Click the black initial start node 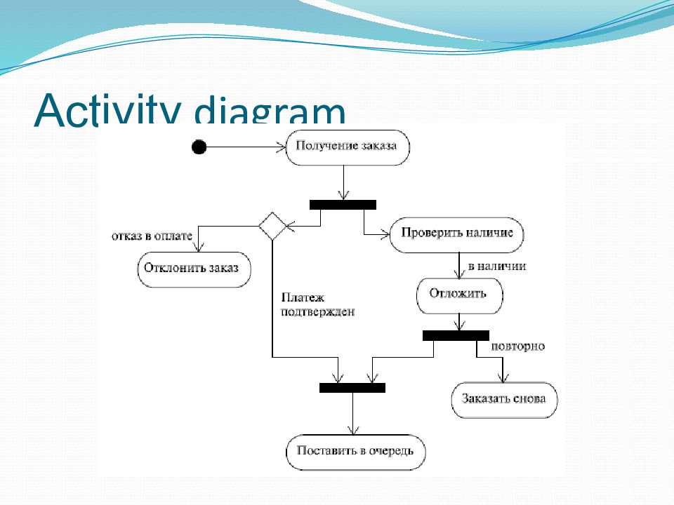point(199,147)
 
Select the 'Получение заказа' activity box point(348,148)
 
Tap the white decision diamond point(272,226)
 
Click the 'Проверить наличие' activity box point(456,235)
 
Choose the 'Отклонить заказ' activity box point(194,269)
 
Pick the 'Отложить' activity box point(459,296)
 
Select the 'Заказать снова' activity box point(504,400)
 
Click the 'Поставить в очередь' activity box point(355,452)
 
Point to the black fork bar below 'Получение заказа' point(343,205)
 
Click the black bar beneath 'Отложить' point(456,335)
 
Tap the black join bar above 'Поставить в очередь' point(352,388)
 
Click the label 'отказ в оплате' point(152,236)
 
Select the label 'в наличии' point(497,267)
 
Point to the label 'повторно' point(517,346)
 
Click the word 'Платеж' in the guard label point(303,297)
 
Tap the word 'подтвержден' point(317,311)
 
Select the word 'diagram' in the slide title point(270,111)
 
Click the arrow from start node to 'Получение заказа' point(246,147)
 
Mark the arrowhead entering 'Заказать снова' point(503,377)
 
